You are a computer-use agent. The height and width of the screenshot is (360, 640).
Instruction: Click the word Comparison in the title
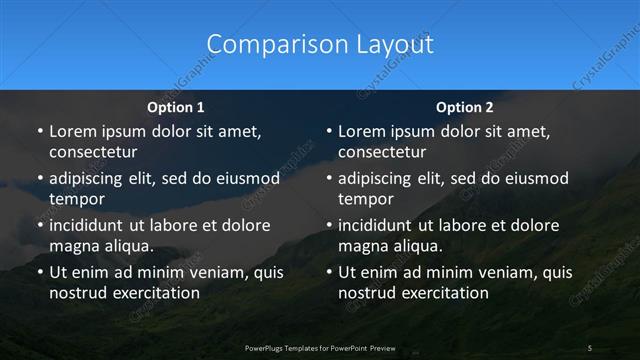261,44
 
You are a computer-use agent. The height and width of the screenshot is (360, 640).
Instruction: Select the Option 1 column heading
176,106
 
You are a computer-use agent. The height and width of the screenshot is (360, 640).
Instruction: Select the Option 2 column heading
465,106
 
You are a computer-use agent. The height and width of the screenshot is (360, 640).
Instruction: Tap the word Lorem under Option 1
74,131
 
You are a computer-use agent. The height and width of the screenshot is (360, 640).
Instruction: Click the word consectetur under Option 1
93,152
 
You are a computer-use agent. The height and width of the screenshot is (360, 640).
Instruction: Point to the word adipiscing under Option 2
383,178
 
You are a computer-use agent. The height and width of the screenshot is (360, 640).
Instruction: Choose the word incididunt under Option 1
93,225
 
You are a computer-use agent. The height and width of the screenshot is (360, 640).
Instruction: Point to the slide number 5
590,347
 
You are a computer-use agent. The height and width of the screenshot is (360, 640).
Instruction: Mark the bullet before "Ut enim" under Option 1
39,272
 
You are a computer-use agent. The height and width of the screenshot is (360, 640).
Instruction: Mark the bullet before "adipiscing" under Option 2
328,178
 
